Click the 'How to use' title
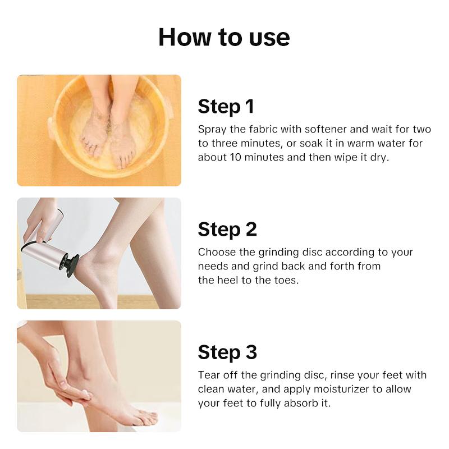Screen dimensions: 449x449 point(224,37)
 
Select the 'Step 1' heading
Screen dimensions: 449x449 point(226,106)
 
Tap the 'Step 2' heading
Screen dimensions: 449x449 point(227,229)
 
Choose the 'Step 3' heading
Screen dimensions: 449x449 point(227,352)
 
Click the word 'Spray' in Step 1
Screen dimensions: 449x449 point(211,129)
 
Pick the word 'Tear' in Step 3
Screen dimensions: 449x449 point(208,375)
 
